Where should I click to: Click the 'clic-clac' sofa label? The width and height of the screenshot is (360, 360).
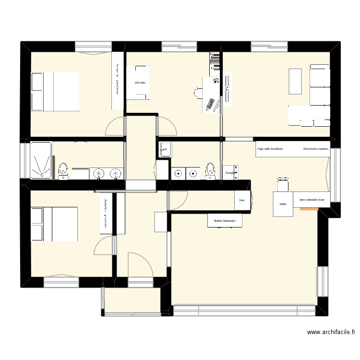tap(140, 83)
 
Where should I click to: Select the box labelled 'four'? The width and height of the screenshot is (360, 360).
tap(242, 201)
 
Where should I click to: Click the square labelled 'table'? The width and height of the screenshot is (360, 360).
tap(283, 204)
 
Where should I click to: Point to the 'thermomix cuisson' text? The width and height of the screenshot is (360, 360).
tap(316, 149)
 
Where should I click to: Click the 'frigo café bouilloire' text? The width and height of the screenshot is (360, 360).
tap(270, 149)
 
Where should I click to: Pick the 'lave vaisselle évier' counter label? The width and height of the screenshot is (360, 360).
tap(312, 200)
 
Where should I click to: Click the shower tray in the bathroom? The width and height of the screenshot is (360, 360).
tap(41, 160)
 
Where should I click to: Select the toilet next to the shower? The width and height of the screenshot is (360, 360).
tap(63, 170)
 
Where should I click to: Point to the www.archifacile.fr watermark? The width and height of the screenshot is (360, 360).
tap(331, 332)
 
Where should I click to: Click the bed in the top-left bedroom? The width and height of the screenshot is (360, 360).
tap(55, 91)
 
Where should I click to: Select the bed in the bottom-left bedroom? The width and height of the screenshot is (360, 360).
tap(54, 224)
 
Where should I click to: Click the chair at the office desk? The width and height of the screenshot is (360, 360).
tap(198, 92)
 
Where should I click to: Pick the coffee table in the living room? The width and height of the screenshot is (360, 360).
tap(295, 82)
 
